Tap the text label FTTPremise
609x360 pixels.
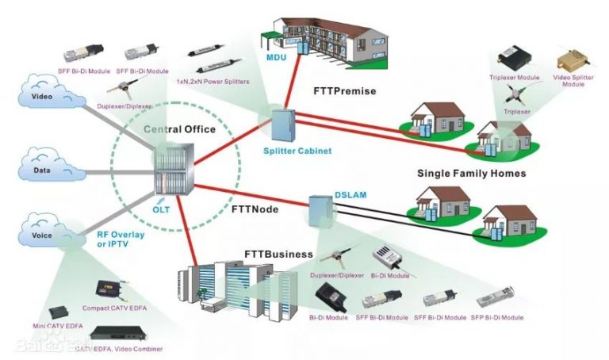[x=347, y=91]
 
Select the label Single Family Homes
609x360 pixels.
[x=471, y=172]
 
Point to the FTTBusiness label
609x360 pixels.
[x=279, y=255]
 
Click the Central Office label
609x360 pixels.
[x=178, y=129]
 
